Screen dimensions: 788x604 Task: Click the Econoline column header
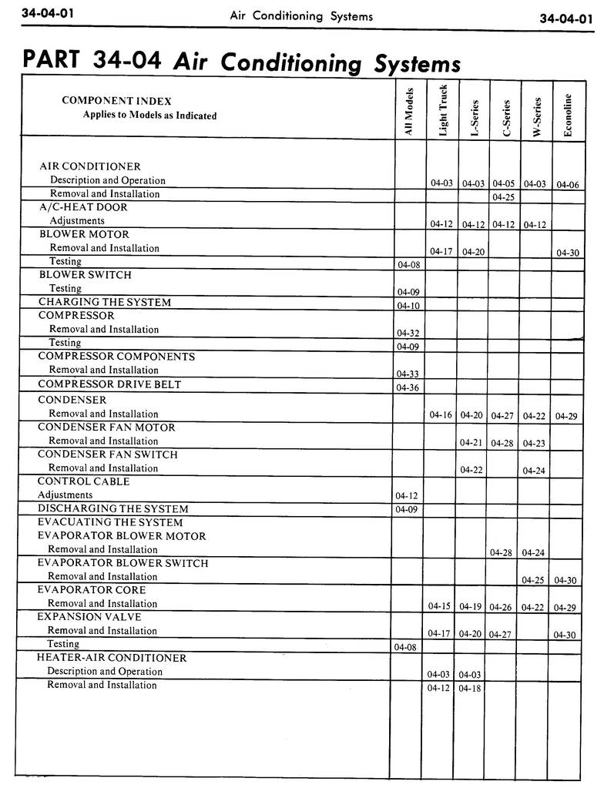(568, 115)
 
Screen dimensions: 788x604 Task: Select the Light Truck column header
(443, 110)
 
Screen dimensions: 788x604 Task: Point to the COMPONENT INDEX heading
(116, 101)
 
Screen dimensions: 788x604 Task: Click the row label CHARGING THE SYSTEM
(105, 302)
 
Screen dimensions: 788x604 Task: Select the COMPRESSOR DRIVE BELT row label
(109, 384)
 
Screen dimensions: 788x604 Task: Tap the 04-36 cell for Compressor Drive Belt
(407, 387)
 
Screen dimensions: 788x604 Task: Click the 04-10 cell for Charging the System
(408, 306)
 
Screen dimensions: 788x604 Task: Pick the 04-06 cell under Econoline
(567, 185)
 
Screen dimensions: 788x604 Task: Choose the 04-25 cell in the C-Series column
(503, 197)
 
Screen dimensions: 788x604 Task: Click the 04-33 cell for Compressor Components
(407, 374)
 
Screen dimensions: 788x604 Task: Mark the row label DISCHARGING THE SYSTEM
(112, 508)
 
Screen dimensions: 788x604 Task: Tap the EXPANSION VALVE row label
(89, 616)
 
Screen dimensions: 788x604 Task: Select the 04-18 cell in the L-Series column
(469, 688)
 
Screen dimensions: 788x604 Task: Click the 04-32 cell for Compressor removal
(407, 333)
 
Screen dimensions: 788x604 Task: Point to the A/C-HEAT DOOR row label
(83, 206)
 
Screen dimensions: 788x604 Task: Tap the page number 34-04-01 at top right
(566, 18)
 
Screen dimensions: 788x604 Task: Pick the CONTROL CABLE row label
(83, 481)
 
